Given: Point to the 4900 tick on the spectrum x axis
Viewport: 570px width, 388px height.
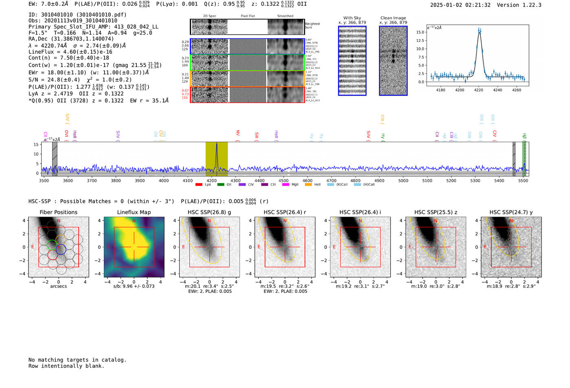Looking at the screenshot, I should [x=379, y=180].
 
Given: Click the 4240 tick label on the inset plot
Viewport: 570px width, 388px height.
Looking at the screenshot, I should [x=498, y=90].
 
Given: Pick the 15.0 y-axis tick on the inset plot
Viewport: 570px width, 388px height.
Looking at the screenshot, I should [x=420, y=32].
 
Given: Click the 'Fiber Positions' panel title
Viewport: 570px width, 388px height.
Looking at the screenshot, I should [x=59, y=212].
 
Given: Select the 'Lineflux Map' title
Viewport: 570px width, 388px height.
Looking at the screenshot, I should [x=134, y=212].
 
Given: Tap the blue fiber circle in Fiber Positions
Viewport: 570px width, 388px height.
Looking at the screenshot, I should [x=61, y=250].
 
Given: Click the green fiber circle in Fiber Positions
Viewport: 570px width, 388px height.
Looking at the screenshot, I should [x=52, y=245].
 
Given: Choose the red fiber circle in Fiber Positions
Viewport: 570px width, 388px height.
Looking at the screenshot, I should [x=53, y=255].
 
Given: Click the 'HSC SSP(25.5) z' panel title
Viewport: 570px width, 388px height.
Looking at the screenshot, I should [x=436, y=212].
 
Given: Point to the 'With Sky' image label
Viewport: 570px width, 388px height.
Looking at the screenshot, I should [x=352, y=18].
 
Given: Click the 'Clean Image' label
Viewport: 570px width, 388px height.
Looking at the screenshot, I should [x=393, y=18].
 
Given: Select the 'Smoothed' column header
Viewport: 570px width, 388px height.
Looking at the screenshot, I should [x=285, y=16].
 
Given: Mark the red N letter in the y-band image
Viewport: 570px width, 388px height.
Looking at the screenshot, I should [x=511, y=221].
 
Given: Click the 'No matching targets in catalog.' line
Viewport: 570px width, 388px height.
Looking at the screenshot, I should [x=77, y=360].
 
